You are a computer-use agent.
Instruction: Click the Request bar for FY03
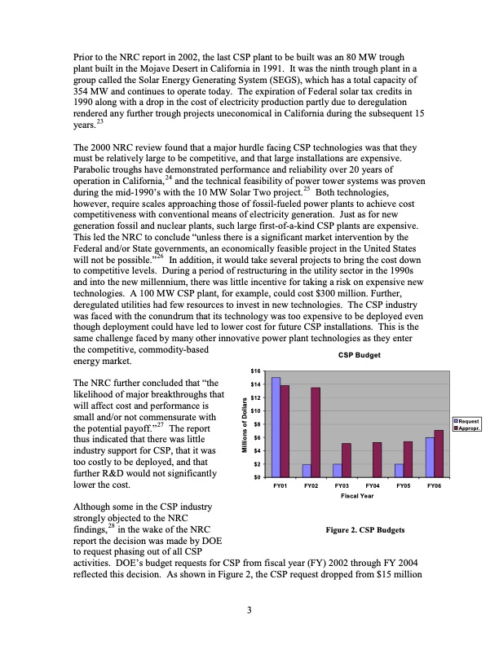point(338,470)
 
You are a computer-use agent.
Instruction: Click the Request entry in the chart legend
point(468,420)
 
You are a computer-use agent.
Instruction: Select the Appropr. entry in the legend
point(468,428)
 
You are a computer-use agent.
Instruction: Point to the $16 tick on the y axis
point(254,371)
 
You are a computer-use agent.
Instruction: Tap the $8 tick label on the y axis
point(255,423)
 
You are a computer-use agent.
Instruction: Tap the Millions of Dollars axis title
point(244,425)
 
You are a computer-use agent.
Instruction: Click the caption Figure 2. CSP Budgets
point(365,529)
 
